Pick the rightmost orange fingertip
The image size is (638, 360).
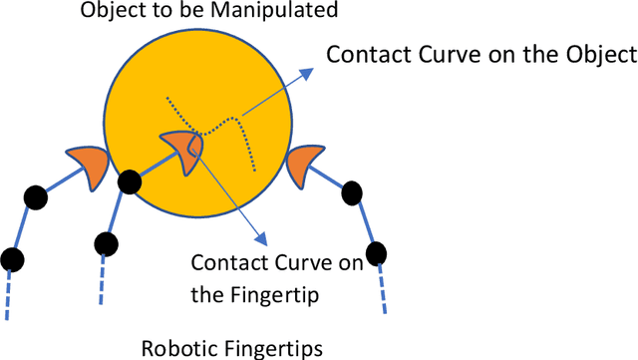304,165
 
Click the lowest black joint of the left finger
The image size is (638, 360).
11,260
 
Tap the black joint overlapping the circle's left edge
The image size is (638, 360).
128,183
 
